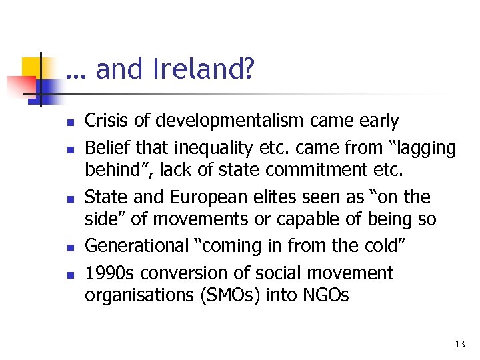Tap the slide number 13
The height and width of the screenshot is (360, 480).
coord(459,344)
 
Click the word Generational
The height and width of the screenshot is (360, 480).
coord(137,246)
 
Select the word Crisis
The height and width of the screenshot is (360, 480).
coord(106,121)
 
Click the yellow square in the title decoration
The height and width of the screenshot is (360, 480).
coord(31,67)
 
